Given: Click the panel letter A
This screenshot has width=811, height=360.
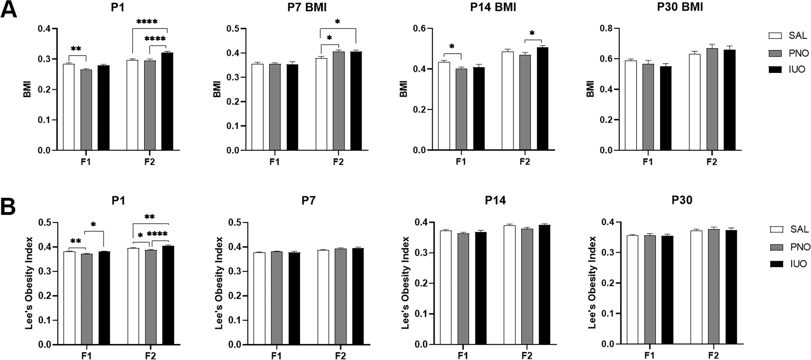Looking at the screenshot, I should (x=9, y=9).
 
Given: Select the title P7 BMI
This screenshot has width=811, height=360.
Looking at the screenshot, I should (x=307, y=7).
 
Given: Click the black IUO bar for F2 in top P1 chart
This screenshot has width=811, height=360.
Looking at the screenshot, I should (x=167, y=101).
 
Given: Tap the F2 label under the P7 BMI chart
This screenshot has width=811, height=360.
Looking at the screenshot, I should (x=338, y=161).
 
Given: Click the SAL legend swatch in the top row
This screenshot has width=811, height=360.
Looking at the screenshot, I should (x=776, y=36).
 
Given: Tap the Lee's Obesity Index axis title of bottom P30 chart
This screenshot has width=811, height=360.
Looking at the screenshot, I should (x=592, y=283).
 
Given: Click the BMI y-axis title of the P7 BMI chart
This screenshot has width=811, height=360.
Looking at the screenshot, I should (x=217, y=89).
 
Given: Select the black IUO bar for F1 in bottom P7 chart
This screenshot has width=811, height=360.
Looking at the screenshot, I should (x=294, y=298).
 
